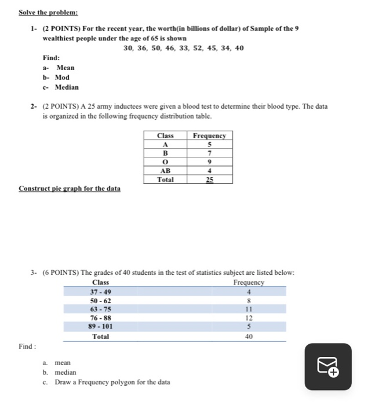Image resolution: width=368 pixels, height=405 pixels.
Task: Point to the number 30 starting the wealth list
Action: (x=129, y=48)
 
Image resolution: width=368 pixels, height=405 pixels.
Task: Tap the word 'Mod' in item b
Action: (x=62, y=78)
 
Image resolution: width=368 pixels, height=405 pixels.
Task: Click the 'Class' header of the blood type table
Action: (x=166, y=135)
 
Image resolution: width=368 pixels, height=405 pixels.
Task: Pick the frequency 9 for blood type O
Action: (x=209, y=161)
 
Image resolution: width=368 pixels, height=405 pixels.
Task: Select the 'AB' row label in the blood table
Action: (x=166, y=171)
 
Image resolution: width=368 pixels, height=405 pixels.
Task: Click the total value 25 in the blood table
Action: (x=209, y=180)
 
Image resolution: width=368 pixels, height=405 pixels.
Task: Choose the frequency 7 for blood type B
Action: (x=209, y=153)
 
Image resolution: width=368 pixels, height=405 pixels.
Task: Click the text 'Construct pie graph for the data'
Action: (x=70, y=189)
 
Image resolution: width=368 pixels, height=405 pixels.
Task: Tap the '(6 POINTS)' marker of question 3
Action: (x=63, y=273)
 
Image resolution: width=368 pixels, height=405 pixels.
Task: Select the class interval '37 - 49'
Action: (x=101, y=292)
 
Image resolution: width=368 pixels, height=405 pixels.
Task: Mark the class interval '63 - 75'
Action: (x=101, y=309)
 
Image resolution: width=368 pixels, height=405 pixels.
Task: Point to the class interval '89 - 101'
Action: (x=101, y=326)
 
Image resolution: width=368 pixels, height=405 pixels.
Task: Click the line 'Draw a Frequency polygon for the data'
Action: (x=112, y=382)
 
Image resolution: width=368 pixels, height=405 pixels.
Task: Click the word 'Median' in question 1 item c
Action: (x=67, y=87)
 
